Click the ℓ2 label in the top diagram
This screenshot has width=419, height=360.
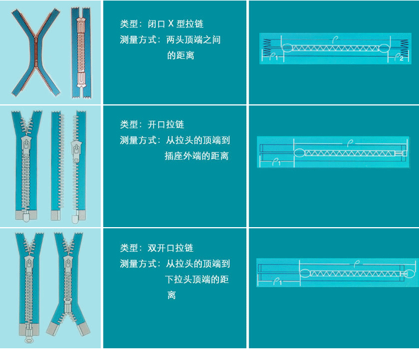398,57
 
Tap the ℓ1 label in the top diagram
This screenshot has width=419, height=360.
273,57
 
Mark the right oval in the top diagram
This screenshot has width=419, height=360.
385,47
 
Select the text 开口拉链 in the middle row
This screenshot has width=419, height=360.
166,124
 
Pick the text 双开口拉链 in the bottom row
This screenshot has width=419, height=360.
170,248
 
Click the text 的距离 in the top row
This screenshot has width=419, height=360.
180,56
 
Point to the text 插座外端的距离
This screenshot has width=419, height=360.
196,156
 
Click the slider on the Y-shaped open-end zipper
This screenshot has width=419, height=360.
26,146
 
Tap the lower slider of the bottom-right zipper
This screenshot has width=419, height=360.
68,306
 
